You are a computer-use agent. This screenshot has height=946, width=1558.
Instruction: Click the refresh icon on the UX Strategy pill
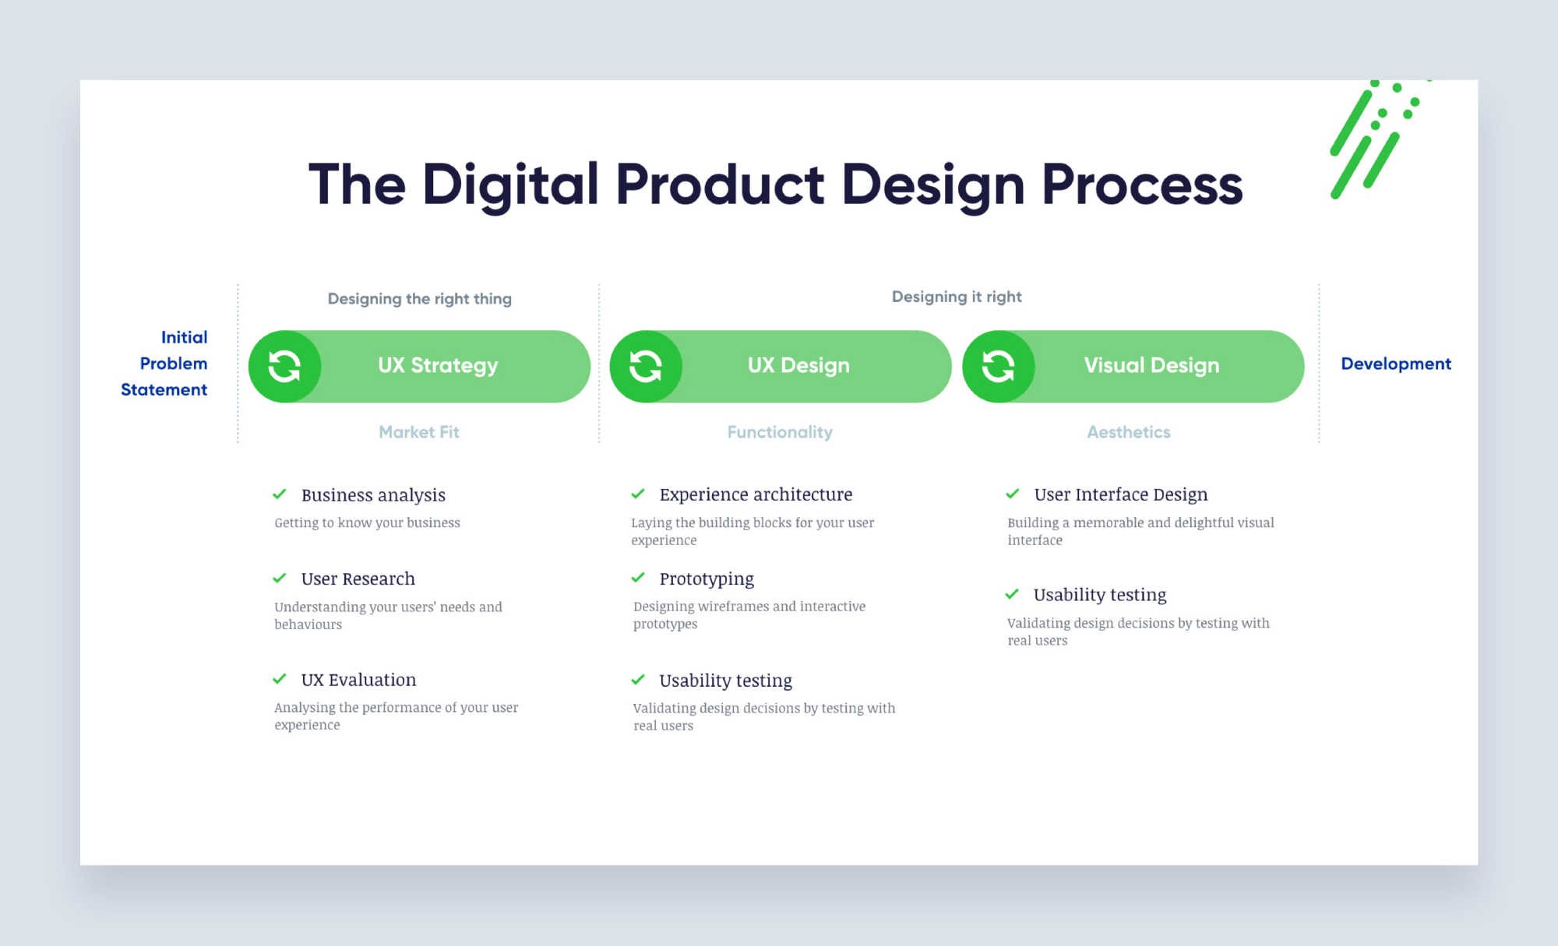284,366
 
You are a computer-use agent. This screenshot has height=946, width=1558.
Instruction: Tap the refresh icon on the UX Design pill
646,366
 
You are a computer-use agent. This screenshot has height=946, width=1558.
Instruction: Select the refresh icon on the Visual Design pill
998,366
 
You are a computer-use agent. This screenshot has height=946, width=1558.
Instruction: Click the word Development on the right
1395,364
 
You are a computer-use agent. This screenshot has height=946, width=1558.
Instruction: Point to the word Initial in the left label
184,337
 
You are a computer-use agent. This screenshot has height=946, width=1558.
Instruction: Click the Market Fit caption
418,432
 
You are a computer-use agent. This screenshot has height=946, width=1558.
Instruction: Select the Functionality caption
780,432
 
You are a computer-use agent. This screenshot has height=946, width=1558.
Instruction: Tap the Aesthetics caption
1128,432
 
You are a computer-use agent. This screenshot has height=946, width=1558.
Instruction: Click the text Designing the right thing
419,299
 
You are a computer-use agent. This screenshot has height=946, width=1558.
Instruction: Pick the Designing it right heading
956,297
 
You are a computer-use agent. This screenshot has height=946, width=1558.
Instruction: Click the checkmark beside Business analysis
280,494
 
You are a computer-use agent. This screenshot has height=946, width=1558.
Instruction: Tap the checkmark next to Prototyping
638,578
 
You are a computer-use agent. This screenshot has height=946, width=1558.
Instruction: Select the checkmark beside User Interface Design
1013,494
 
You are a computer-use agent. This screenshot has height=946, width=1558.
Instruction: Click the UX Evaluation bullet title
358,680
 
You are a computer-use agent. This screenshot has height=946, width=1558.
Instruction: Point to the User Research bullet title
358,579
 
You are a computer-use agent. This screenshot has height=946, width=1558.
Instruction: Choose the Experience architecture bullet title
755,494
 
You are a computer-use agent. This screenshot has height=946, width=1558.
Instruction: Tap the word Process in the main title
1141,185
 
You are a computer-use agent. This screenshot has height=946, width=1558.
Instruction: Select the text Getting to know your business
367,522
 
